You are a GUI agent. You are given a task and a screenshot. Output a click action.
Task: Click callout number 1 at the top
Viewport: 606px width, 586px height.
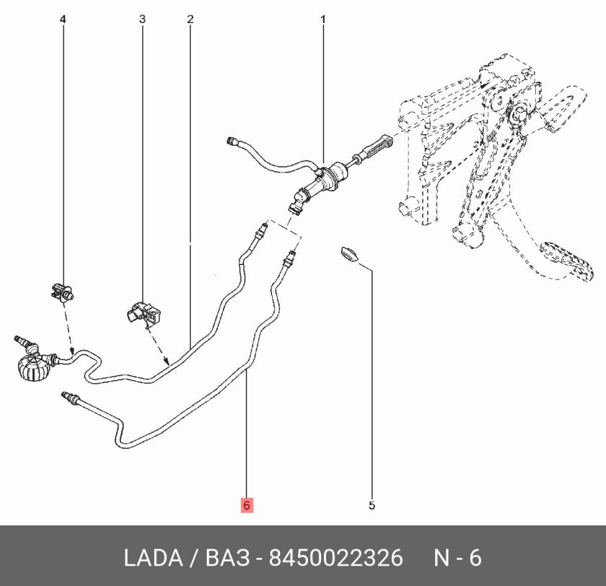click(x=322, y=19)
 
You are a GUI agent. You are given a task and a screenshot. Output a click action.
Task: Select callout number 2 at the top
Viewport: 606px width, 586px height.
click(x=190, y=19)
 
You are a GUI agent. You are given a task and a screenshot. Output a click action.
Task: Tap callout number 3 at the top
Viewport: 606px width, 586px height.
click(x=142, y=19)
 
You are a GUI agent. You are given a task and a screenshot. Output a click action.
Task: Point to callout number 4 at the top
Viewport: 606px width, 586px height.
click(x=63, y=19)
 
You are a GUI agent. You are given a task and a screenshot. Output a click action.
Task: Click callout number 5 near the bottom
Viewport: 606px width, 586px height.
click(x=372, y=505)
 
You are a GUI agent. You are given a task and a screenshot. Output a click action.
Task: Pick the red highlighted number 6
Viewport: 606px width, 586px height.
click(x=246, y=506)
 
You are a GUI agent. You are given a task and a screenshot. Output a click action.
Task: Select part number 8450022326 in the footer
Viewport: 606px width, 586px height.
click(x=335, y=558)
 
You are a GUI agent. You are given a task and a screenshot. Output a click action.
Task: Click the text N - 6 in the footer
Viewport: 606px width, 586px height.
click(x=457, y=558)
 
